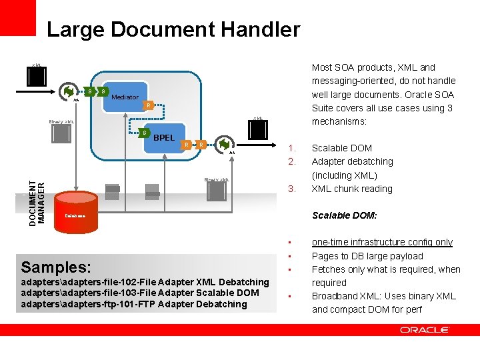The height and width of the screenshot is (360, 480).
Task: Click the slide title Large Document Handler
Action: point(173,30)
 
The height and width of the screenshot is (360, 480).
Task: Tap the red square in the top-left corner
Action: point(17,17)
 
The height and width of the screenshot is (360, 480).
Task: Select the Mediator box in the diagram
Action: point(125,97)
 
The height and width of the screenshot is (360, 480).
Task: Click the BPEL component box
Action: point(164,138)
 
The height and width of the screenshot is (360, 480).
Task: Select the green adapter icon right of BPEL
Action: point(224,145)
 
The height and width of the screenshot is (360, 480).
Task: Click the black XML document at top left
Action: point(37,77)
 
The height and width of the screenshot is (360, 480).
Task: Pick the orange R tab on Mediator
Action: point(149,105)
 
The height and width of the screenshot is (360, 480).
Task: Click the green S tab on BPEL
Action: point(145,133)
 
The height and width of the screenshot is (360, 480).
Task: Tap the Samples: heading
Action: point(56,267)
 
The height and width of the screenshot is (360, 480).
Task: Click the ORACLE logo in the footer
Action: point(425,330)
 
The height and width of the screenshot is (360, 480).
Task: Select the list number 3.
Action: point(290,189)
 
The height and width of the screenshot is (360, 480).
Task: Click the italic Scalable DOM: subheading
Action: point(345,215)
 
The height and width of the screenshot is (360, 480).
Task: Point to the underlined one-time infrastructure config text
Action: point(382,242)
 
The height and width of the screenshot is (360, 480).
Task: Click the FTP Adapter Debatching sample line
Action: point(134,304)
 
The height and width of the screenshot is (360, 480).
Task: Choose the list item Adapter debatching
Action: point(352,161)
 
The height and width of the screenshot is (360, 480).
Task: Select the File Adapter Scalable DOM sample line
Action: point(140,293)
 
